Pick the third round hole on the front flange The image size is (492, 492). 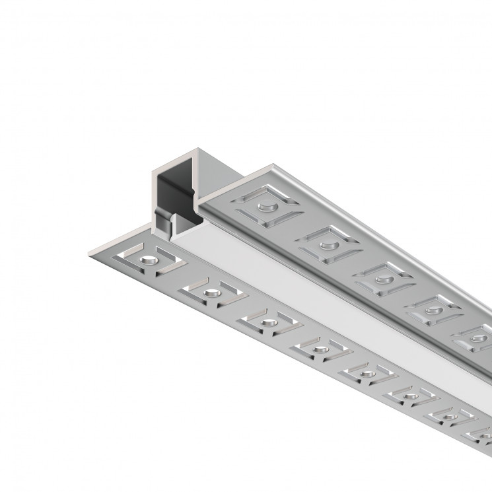tap(267, 322)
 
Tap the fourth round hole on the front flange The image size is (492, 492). tap(320, 348)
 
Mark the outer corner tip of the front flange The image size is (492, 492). tap(88, 254)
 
